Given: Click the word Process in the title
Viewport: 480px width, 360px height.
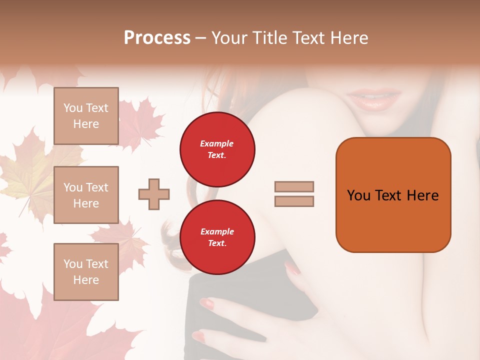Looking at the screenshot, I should pos(157,38).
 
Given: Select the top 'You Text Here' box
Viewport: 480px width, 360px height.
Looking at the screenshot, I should pos(86,116).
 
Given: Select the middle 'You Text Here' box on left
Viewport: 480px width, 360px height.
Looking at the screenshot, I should pos(86,195).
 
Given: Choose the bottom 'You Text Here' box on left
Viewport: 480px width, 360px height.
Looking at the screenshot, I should pos(86,272).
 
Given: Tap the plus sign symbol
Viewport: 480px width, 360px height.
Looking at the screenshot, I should pos(154,194).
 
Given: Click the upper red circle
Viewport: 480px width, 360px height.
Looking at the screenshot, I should pos(217,149).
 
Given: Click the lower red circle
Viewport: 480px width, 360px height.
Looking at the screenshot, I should pos(217,237).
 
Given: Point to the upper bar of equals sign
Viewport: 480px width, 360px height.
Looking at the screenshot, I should pos(294,187).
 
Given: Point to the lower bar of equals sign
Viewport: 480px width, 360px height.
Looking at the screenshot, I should pos(294,201).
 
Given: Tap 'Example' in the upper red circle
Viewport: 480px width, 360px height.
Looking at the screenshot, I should pos(217,144).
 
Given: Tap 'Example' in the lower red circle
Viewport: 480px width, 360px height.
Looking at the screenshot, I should pos(217,232).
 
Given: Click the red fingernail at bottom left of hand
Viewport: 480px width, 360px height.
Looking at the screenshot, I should pos(199,336).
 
